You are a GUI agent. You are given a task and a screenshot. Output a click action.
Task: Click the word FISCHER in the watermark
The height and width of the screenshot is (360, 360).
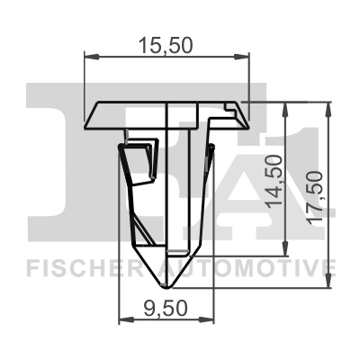coord(81,268)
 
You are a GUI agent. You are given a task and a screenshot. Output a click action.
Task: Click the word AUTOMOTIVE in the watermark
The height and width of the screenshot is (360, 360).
coord(248,268)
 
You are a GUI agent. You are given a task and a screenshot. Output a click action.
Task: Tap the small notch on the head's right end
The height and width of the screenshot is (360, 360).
coord(239,110)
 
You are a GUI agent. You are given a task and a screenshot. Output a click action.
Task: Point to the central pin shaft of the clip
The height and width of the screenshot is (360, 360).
coord(184,180)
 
